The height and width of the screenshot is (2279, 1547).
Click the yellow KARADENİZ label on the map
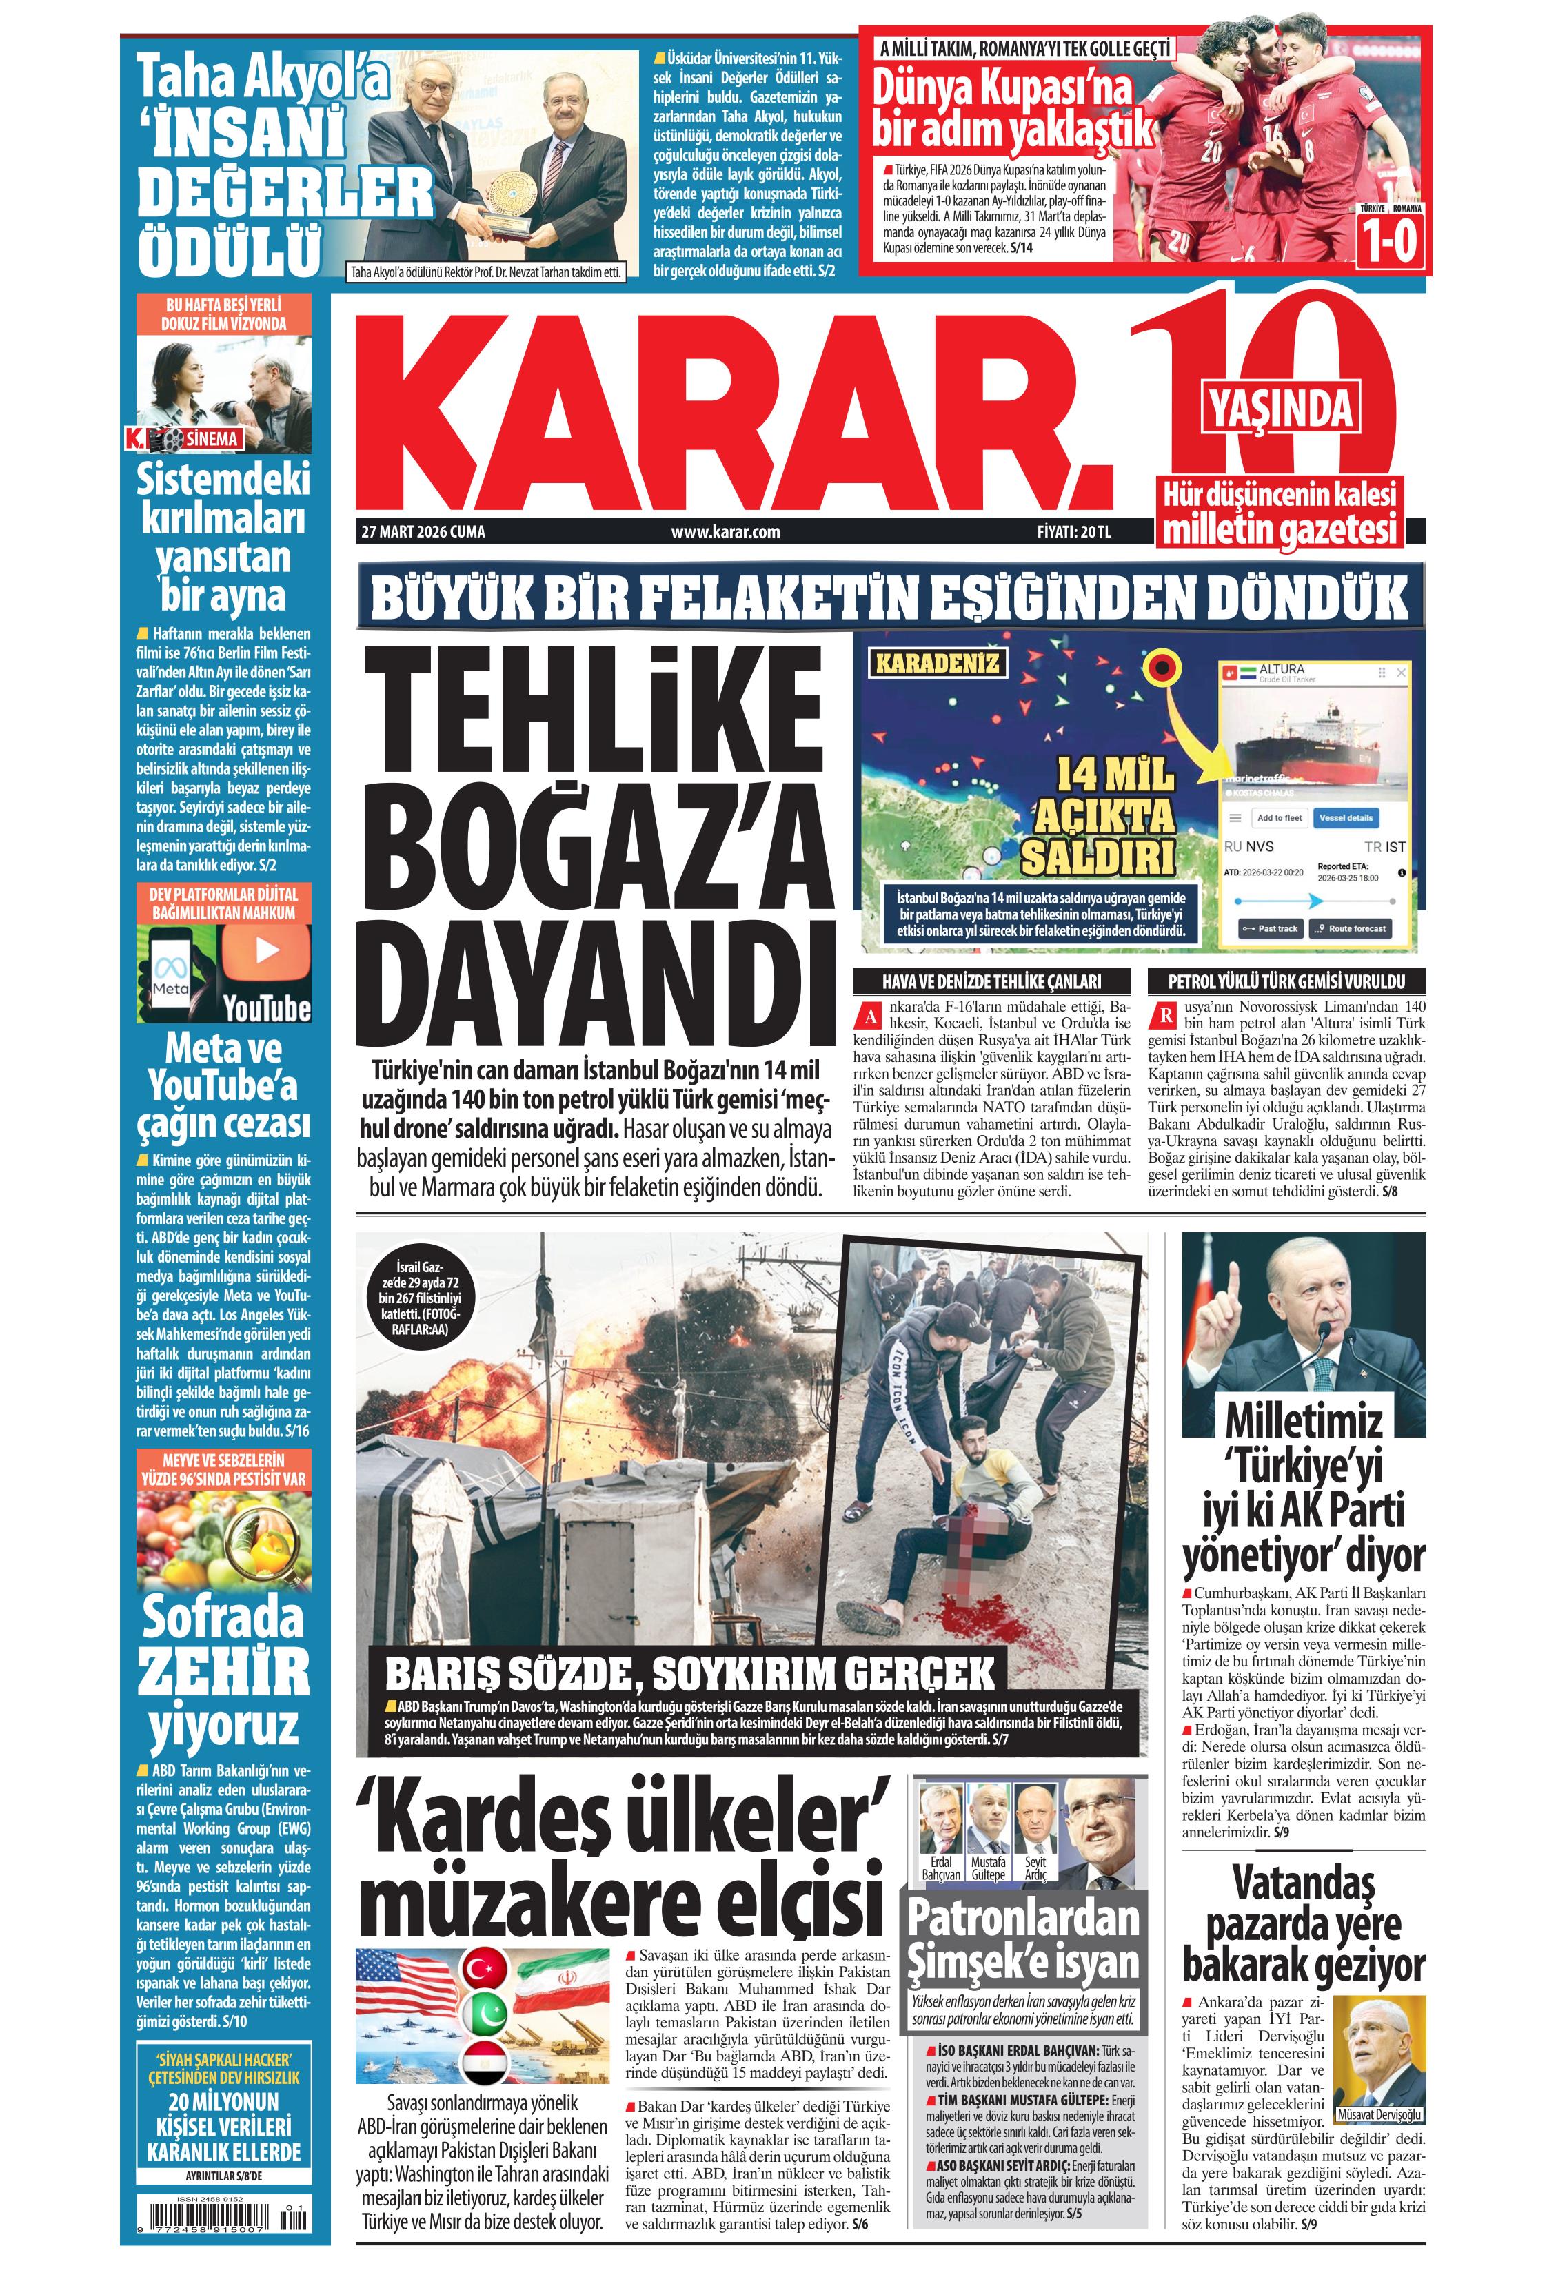937,663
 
